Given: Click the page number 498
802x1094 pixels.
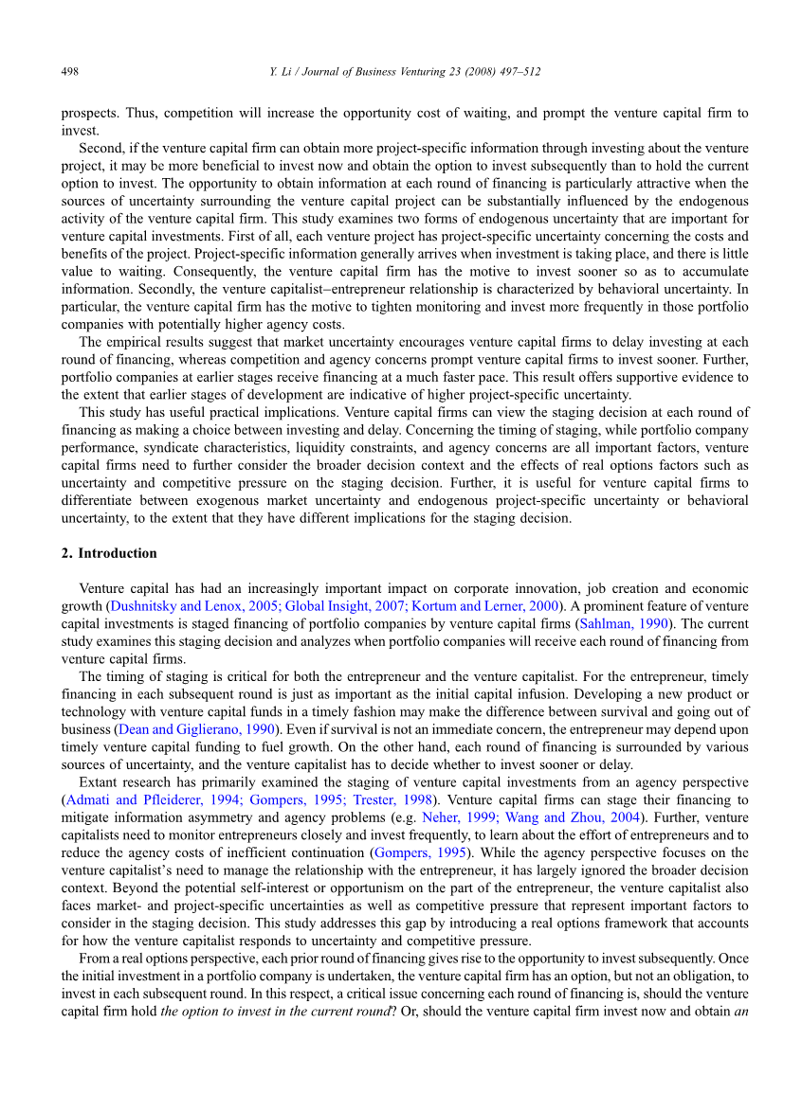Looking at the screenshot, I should [69, 71].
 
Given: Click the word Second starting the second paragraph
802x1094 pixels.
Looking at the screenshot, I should [100, 149].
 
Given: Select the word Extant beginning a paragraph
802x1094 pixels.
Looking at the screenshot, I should [100, 782].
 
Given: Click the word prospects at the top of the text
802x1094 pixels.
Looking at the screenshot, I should [88, 114].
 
